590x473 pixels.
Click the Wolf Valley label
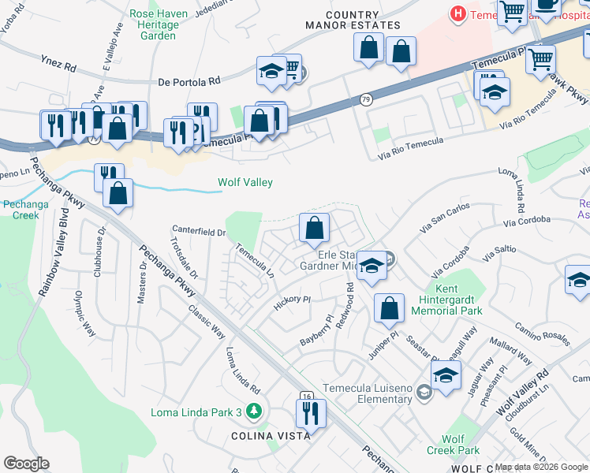click(245, 183)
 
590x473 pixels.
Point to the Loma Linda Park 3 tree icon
click(253, 411)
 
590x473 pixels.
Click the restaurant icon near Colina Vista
click(311, 413)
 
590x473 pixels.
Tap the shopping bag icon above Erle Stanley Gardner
click(314, 229)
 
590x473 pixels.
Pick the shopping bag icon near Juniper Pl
click(389, 309)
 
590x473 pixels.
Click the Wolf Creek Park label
click(461, 445)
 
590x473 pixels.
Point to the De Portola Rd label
click(189, 80)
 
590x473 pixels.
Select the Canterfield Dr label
click(200, 232)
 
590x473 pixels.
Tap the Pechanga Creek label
click(21, 210)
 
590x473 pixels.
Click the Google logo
click(26, 464)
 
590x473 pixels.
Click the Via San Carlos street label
click(446, 218)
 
